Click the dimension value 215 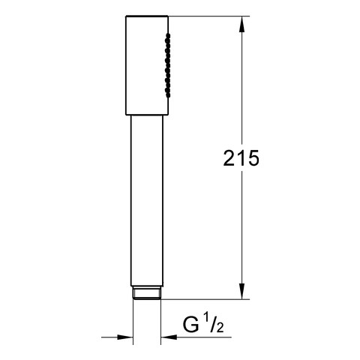pyautogui.click(x=241, y=158)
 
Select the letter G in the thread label pyautogui.click(x=191, y=325)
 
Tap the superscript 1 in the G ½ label pyautogui.click(x=205, y=319)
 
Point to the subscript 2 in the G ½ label pyautogui.click(x=220, y=328)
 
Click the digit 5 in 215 pyautogui.click(x=253, y=158)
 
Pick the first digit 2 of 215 pyautogui.click(x=229, y=158)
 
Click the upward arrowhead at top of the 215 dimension pyautogui.click(x=241, y=24)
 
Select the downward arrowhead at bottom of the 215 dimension pyautogui.click(x=241, y=291)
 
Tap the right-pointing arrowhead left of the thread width pyautogui.click(x=124, y=337)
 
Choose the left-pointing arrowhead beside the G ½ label pyautogui.click(x=169, y=337)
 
